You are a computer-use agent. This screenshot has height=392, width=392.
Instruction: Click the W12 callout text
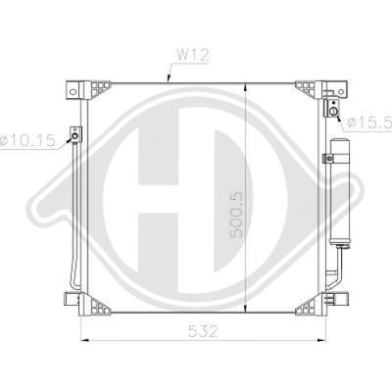tap(192, 55)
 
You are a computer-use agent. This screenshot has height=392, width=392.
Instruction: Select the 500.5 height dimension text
tap(237, 214)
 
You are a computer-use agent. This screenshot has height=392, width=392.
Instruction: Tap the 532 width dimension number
tap(203, 331)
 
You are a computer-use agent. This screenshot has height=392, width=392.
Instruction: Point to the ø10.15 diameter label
tap(27, 140)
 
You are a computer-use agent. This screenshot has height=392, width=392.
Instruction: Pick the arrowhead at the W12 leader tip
tap(169, 78)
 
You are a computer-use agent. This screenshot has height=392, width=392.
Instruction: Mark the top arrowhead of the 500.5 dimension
tap(245, 87)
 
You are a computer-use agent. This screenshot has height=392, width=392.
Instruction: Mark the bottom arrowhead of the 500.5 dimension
tap(245, 308)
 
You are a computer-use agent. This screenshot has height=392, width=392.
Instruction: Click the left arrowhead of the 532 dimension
tap(84, 341)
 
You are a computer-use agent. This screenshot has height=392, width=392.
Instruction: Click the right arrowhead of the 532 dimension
tap(322, 341)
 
